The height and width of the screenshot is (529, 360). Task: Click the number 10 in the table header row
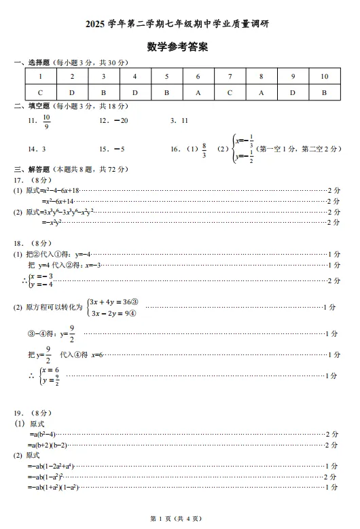point(324,77)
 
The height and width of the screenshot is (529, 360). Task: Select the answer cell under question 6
point(198,93)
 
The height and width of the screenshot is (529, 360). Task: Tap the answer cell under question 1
point(41,93)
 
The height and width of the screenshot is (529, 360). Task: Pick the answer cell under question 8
point(261,93)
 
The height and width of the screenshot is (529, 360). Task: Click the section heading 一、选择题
point(34,62)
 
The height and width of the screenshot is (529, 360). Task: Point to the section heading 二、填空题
point(34,106)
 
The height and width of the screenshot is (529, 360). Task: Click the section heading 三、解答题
point(34,168)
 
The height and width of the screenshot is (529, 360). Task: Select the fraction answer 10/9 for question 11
point(47,121)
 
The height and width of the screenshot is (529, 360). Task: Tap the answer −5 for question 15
point(118,149)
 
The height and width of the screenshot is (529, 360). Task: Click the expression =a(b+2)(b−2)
point(48,445)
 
